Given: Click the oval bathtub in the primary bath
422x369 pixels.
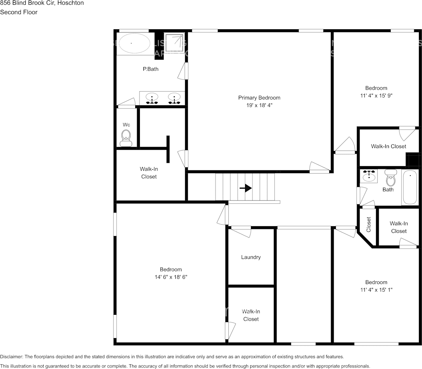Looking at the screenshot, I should point(134,43).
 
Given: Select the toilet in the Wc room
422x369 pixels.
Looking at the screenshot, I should point(126,137).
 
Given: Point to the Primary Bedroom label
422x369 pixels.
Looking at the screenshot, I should point(259,98).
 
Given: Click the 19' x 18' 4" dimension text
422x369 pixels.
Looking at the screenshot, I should point(259,105).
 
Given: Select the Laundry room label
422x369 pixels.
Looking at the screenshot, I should point(251,257).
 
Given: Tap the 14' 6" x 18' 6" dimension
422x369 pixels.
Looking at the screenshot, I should point(171,277).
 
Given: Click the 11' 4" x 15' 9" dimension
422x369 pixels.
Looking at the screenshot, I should point(376,96).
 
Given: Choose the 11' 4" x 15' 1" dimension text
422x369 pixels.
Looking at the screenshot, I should point(376,290).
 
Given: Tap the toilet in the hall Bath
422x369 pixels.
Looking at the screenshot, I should point(390,178).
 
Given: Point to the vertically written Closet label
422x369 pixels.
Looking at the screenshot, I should point(369,224).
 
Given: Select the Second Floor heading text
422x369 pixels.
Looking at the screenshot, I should point(19,12).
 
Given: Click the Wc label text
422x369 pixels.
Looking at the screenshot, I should point(126,124).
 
